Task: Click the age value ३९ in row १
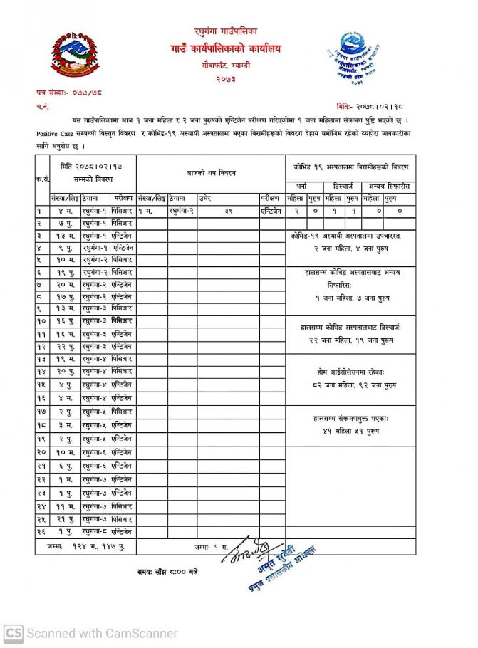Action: point(228,211)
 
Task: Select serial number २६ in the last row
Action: point(42,531)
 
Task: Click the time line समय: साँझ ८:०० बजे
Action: point(168,570)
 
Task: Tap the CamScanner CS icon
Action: point(14,632)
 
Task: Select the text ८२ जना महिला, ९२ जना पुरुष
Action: point(351,385)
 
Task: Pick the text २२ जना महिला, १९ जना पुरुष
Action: point(351,340)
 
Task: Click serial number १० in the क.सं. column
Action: point(42,321)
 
